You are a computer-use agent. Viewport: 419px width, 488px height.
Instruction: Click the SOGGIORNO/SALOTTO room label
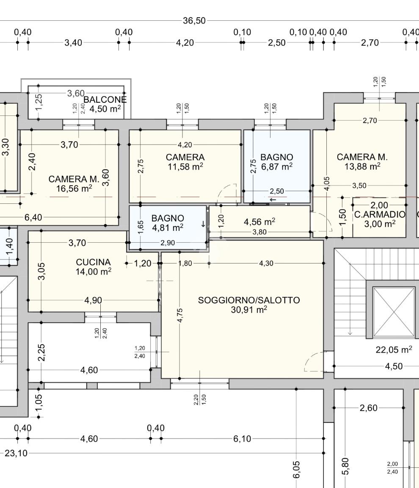point(249,300)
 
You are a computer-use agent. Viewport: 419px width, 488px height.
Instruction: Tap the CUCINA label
point(93,262)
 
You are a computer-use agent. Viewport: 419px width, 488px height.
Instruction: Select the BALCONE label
point(105,100)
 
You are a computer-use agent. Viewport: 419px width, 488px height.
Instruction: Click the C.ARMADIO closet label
point(380,214)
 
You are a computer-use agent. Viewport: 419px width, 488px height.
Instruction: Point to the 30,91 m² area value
point(249,310)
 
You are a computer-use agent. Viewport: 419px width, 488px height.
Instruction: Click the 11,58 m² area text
point(185,167)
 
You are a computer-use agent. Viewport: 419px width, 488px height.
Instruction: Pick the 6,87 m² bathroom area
point(277,167)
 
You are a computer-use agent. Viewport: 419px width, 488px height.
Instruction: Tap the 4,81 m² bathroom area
point(168,228)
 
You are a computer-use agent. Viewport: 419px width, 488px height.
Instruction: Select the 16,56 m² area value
point(74,188)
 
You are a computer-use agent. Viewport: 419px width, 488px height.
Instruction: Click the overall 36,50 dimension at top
point(194,21)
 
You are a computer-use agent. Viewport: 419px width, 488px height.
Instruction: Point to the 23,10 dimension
point(16,453)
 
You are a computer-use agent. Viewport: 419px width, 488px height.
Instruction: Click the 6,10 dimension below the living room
point(242,439)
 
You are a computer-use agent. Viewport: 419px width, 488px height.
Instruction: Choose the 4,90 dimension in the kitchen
point(93,300)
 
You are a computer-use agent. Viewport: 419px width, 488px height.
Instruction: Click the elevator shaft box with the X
point(394,312)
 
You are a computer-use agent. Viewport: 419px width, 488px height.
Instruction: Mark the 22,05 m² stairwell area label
point(394,350)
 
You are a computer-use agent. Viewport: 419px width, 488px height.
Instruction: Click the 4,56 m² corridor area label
point(259,222)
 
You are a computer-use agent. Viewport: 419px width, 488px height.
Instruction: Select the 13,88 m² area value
point(362,167)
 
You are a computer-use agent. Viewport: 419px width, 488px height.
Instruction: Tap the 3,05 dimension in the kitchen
point(41,271)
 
